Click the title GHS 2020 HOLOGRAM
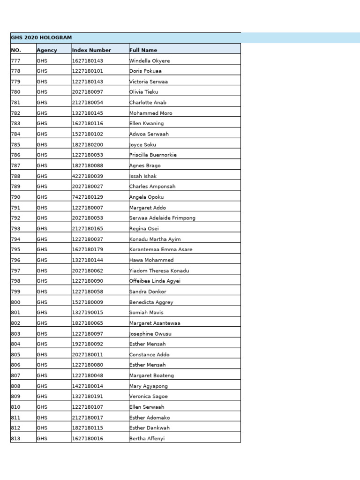[41, 38]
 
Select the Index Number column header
[91, 50]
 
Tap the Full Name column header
[143, 50]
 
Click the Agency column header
[47, 50]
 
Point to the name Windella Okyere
[150, 61]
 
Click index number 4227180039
[87, 176]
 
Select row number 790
[16, 197]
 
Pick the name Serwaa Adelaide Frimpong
[162, 218]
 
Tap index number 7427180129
[87, 197]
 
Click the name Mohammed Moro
[150, 113]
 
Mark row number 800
[16, 302]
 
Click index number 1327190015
[87, 313]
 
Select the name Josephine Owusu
[150, 334]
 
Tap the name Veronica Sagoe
[148, 397]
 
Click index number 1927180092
[87, 344]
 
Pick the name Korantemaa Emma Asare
[161, 250]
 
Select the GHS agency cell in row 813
[42, 439]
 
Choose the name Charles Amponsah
[152, 187]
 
